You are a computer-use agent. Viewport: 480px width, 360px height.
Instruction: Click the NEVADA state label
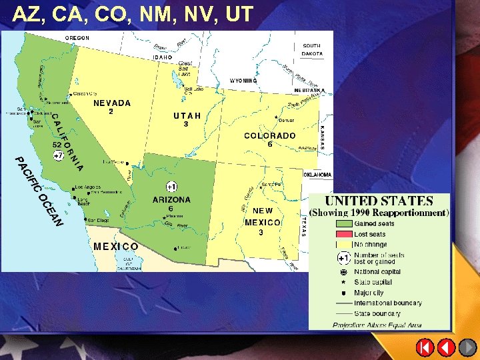[x=112, y=103]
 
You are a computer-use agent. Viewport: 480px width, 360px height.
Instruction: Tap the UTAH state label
[x=187, y=115]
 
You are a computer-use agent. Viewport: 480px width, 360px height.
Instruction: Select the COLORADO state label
[x=269, y=135]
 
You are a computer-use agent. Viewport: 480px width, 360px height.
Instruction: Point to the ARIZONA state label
[x=171, y=199]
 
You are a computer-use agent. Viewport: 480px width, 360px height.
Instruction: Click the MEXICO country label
[x=116, y=246]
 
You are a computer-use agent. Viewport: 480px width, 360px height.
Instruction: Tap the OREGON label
[x=77, y=38]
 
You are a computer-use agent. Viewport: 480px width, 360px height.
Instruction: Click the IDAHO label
[x=163, y=57]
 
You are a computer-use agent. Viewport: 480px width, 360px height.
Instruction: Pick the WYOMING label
[x=243, y=81]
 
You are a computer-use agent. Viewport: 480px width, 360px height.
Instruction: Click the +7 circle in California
[x=59, y=155]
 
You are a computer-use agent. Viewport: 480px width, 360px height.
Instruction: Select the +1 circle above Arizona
[x=171, y=186]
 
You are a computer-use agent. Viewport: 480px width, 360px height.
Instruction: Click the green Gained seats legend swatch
[x=343, y=224]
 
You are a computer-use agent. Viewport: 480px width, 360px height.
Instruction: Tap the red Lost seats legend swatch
[x=343, y=234]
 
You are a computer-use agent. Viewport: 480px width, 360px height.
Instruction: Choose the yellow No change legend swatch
[x=343, y=244]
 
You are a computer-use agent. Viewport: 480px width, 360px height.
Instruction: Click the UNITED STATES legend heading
[x=379, y=201]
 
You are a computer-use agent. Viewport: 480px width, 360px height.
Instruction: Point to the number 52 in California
[x=57, y=144]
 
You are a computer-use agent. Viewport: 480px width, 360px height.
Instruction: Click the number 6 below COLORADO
[x=270, y=144]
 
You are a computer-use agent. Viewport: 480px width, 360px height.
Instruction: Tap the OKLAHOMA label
[x=318, y=174]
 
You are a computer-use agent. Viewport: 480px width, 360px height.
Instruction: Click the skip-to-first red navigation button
[x=425, y=347]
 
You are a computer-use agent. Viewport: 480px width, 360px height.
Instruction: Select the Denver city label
[x=287, y=121]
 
